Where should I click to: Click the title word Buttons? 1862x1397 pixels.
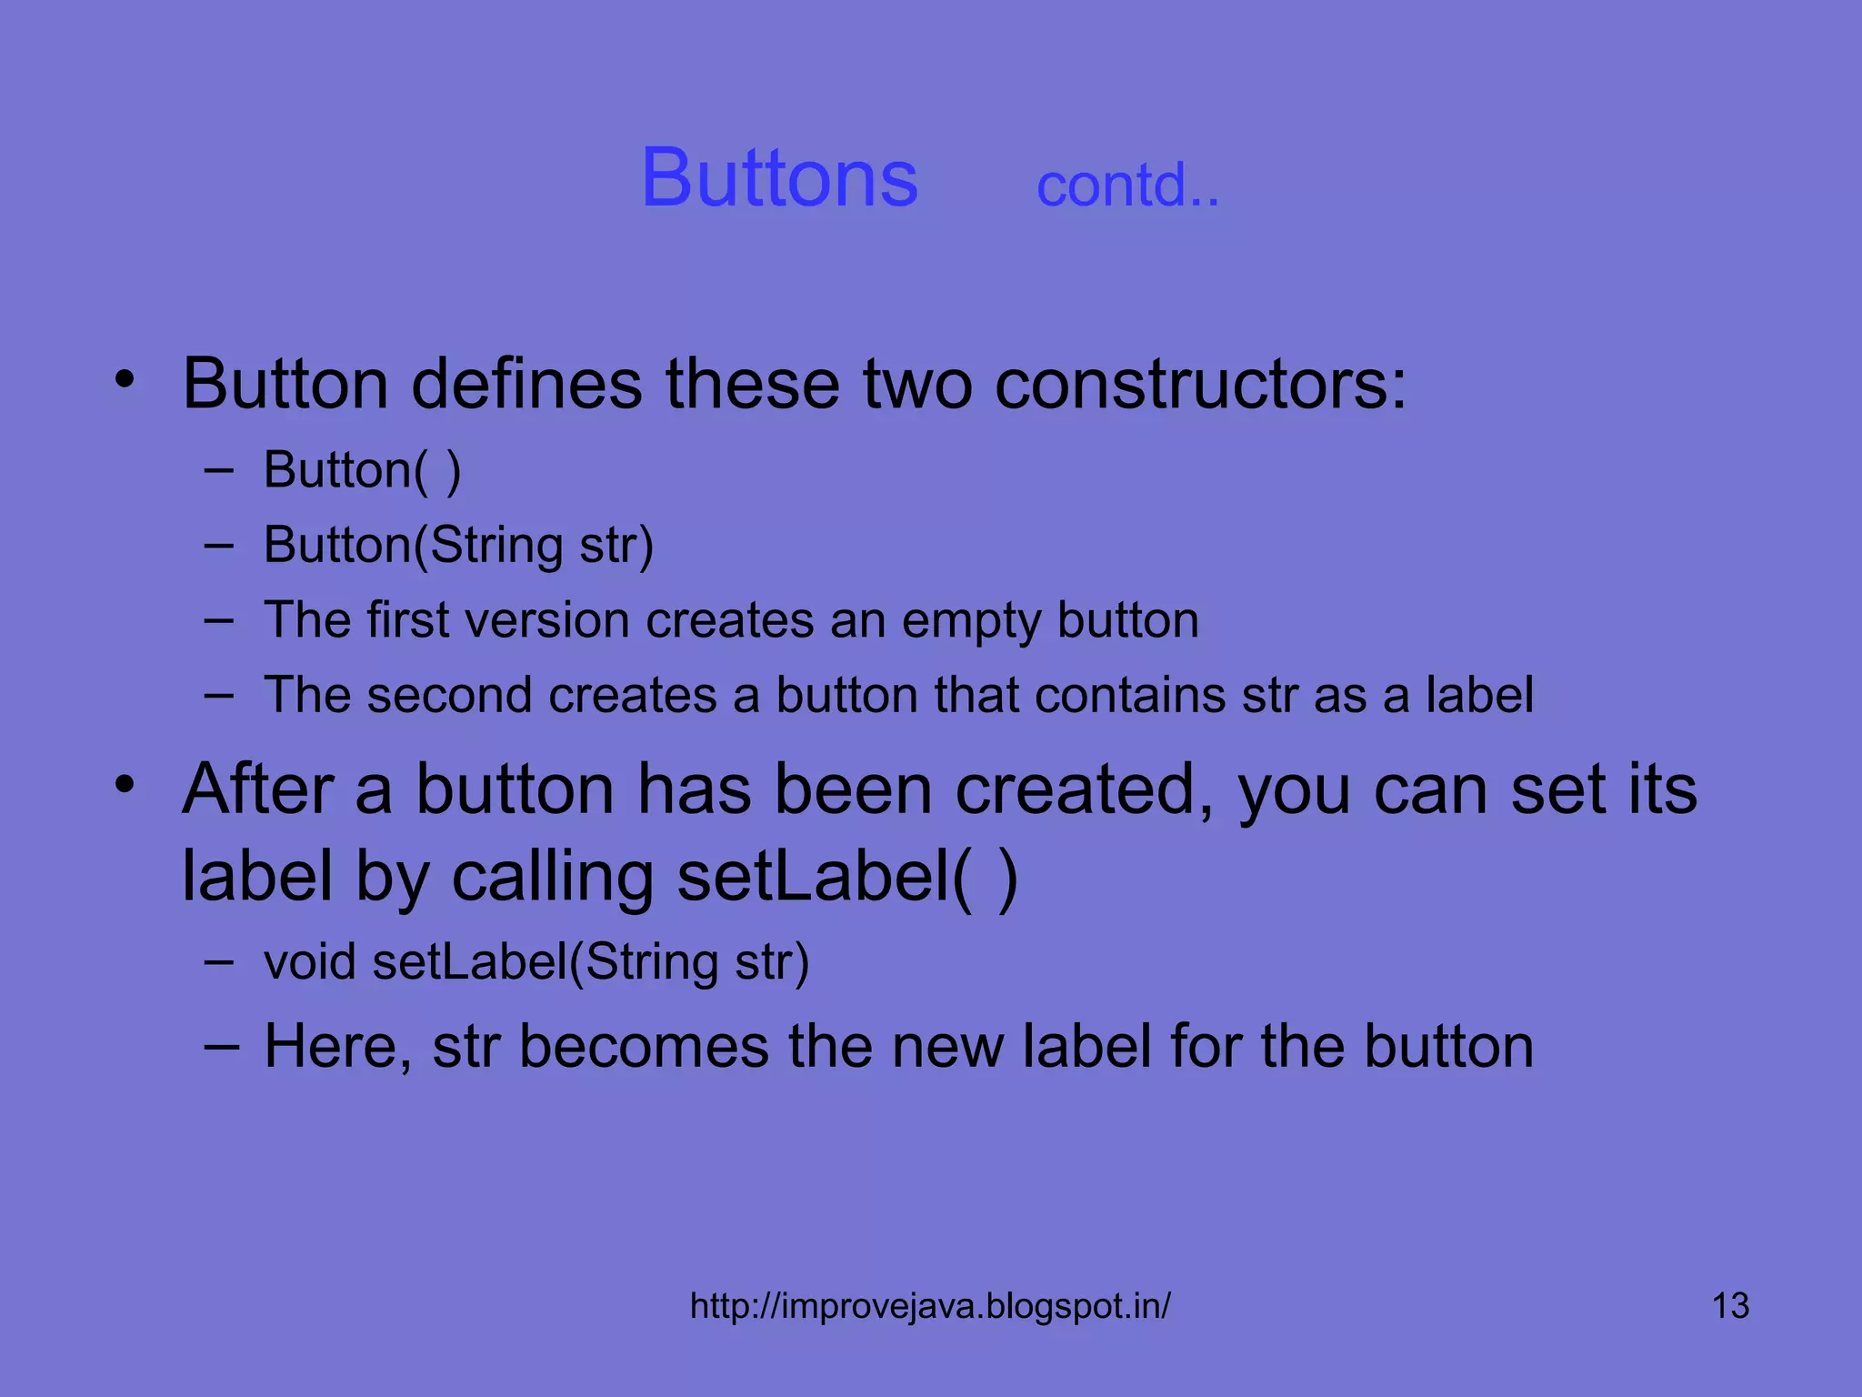tap(779, 177)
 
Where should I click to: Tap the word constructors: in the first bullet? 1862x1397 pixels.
tap(1200, 384)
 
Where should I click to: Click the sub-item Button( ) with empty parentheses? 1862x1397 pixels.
tap(362, 471)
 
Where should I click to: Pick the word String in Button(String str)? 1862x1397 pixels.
tap(496, 546)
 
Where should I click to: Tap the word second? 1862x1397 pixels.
tap(449, 696)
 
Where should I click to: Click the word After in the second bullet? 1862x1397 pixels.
tap(259, 789)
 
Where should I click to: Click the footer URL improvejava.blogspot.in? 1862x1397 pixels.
tap(930, 1306)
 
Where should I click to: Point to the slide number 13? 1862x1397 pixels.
tap(1730, 1306)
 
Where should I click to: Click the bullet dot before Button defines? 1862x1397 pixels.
tap(125, 379)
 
